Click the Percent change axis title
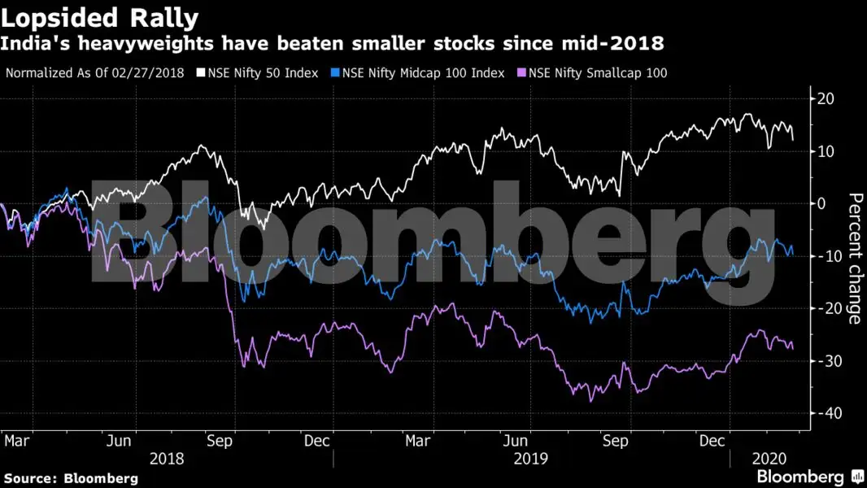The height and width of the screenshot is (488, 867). click(854, 259)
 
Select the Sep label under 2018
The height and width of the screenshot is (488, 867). click(220, 441)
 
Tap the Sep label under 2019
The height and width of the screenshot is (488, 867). click(615, 441)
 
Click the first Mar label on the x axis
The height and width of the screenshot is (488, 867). click(17, 441)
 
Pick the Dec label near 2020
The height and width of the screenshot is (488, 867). click(712, 441)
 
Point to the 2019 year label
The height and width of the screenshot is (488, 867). click(529, 458)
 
